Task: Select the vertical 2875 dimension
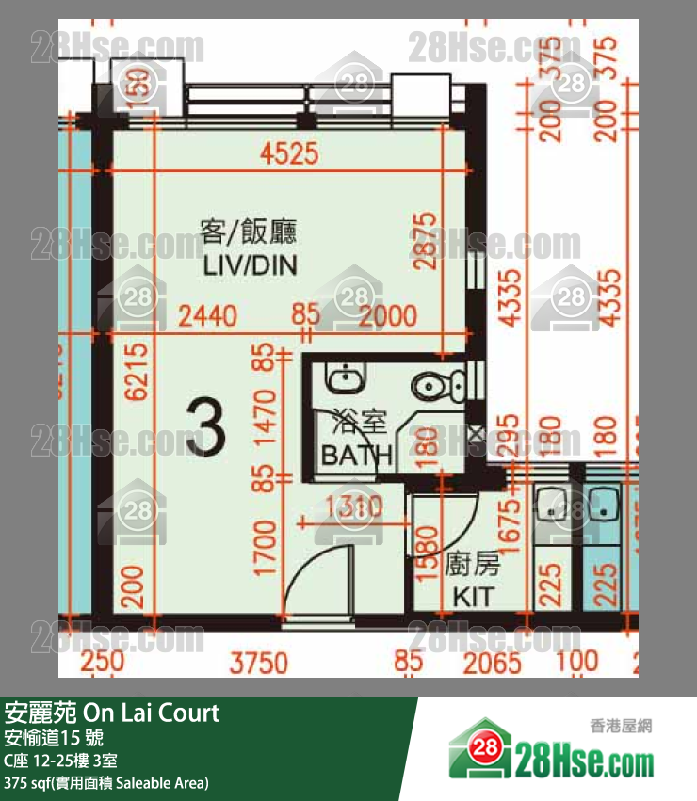[x=427, y=241]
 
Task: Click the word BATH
[x=356, y=456]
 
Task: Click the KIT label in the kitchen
[x=473, y=597]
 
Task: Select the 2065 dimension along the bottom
[x=492, y=663]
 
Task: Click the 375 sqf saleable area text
[x=105, y=782]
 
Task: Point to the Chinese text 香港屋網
[x=621, y=726]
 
